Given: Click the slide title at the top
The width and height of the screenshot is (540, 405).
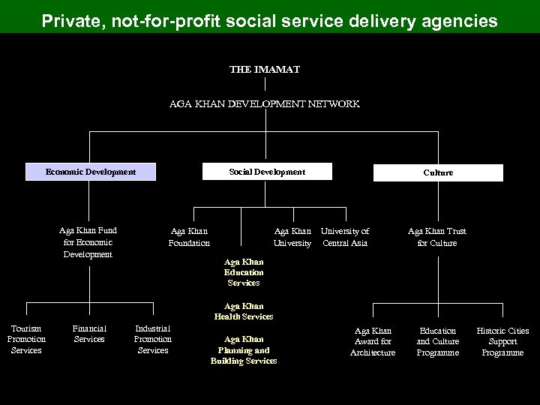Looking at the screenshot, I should (269, 21).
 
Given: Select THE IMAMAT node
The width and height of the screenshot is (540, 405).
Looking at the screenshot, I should (265, 68).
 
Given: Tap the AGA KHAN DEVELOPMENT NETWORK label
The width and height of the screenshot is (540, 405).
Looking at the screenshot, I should (265, 104).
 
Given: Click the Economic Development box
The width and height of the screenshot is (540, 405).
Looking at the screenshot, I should (91, 172).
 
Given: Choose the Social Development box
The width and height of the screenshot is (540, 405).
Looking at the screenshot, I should (267, 172).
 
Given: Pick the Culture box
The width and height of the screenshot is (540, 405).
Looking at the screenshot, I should (438, 172).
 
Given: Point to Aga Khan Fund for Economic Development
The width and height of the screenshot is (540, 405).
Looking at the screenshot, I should (88, 242).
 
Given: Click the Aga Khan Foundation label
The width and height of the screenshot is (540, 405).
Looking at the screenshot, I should (189, 237).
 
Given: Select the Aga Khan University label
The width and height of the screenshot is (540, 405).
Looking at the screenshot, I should (292, 237).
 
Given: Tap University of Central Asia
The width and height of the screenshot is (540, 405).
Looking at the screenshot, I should (345, 237).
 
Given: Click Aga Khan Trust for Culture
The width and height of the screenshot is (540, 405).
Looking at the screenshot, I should (437, 237).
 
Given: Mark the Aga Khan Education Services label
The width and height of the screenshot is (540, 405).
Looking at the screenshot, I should (244, 272).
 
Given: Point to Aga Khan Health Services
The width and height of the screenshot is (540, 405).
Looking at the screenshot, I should (244, 311).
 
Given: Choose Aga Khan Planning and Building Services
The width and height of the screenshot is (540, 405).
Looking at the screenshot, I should (244, 350).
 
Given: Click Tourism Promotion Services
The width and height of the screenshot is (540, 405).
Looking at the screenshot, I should (26, 339).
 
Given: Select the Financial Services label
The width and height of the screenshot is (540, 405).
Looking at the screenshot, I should (89, 334).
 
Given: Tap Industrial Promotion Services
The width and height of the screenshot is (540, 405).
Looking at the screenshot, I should (153, 339).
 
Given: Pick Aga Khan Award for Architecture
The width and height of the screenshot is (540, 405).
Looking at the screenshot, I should (373, 341).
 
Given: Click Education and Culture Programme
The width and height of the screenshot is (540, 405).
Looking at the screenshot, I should (438, 341).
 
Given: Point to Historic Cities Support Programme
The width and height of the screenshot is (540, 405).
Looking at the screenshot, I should (502, 341).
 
